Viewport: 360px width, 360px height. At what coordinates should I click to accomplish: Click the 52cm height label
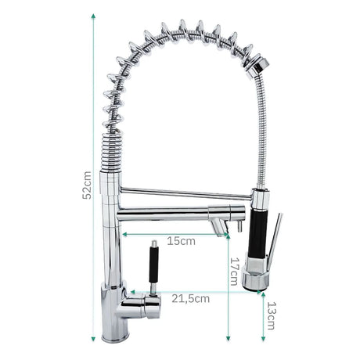coord(87,185)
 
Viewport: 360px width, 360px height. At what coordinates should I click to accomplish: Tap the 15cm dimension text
coord(181,241)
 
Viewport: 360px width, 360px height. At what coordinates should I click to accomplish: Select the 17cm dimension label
coord(234,272)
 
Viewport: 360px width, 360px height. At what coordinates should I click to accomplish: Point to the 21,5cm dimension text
coord(190,299)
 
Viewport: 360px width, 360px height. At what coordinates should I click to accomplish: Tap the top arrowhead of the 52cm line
coord(93,16)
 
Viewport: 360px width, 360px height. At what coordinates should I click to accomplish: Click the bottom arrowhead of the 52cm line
coord(93,339)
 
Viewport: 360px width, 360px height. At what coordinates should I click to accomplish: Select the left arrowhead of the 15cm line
coord(124,234)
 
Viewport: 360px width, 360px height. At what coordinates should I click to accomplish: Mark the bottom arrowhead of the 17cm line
coord(229,339)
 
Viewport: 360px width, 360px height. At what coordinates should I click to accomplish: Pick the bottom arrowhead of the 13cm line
coord(263,339)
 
